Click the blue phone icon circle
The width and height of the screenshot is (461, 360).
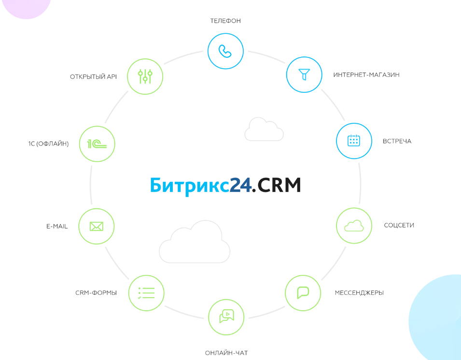225,51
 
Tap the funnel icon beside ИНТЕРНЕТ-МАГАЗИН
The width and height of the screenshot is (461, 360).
304,74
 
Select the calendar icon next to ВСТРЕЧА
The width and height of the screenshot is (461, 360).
354,141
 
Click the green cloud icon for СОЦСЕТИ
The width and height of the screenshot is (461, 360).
354,226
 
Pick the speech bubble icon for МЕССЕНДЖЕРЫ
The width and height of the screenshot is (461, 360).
303,293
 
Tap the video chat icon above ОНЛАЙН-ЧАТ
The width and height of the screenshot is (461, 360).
226,317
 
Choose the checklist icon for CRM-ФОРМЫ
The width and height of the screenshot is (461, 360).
146,293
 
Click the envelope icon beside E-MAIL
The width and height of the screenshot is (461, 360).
97,226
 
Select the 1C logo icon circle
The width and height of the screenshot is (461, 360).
97,144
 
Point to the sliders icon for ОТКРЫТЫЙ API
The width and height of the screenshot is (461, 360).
145,76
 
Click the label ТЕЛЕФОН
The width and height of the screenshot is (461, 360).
225,21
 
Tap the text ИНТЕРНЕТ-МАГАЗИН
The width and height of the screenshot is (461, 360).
366,75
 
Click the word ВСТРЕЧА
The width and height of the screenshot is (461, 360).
397,141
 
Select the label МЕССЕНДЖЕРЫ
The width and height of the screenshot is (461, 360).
359,293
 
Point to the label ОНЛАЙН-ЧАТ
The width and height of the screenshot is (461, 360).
226,353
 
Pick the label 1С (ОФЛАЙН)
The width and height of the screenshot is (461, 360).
48,144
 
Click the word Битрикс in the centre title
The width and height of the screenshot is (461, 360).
189,186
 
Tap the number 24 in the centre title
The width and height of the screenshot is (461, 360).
240,185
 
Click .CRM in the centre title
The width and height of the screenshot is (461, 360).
277,185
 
